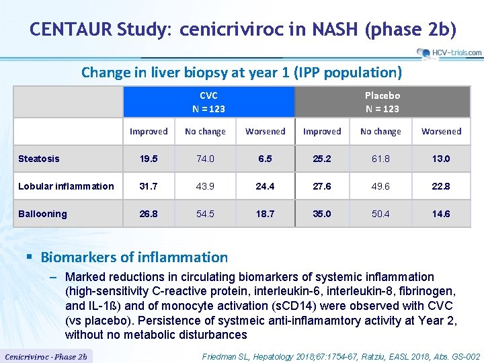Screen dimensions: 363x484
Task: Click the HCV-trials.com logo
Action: (448, 52)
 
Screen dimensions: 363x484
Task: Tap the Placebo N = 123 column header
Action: (382, 102)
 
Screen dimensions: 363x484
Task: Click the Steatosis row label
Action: (39, 159)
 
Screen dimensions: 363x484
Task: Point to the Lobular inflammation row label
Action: (66, 186)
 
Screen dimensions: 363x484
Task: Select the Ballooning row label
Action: (42, 214)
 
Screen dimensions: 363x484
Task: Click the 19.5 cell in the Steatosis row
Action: (149, 159)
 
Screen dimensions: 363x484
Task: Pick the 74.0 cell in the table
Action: (205, 159)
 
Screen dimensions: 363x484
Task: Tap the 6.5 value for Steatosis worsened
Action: (265, 159)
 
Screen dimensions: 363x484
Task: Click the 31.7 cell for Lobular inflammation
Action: (149, 186)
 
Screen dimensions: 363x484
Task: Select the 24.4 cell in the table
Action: (265, 186)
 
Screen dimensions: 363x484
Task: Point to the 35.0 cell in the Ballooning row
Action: (322, 214)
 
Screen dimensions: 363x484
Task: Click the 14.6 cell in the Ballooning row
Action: (441, 214)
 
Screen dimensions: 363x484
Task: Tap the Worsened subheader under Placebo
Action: (441, 132)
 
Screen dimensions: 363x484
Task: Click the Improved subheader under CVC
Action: (149, 132)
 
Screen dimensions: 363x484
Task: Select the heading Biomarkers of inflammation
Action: (134, 257)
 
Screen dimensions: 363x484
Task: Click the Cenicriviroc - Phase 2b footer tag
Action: (46, 356)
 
